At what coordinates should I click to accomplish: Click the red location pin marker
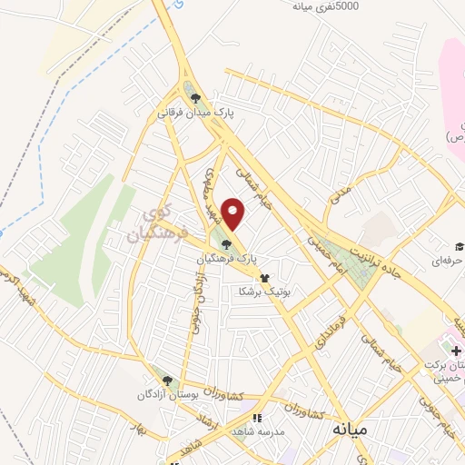pyautogui.click(x=234, y=213)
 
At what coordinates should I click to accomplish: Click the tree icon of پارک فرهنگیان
pyautogui.click(x=226, y=242)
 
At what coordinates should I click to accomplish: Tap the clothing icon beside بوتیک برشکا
pyautogui.click(x=265, y=278)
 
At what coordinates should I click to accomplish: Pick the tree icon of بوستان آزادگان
pyautogui.click(x=166, y=379)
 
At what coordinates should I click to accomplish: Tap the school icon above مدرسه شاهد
pyautogui.click(x=256, y=418)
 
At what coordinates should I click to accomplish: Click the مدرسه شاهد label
pyautogui.click(x=255, y=431)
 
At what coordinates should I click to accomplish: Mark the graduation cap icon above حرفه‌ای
pyautogui.click(x=459, y=247)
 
